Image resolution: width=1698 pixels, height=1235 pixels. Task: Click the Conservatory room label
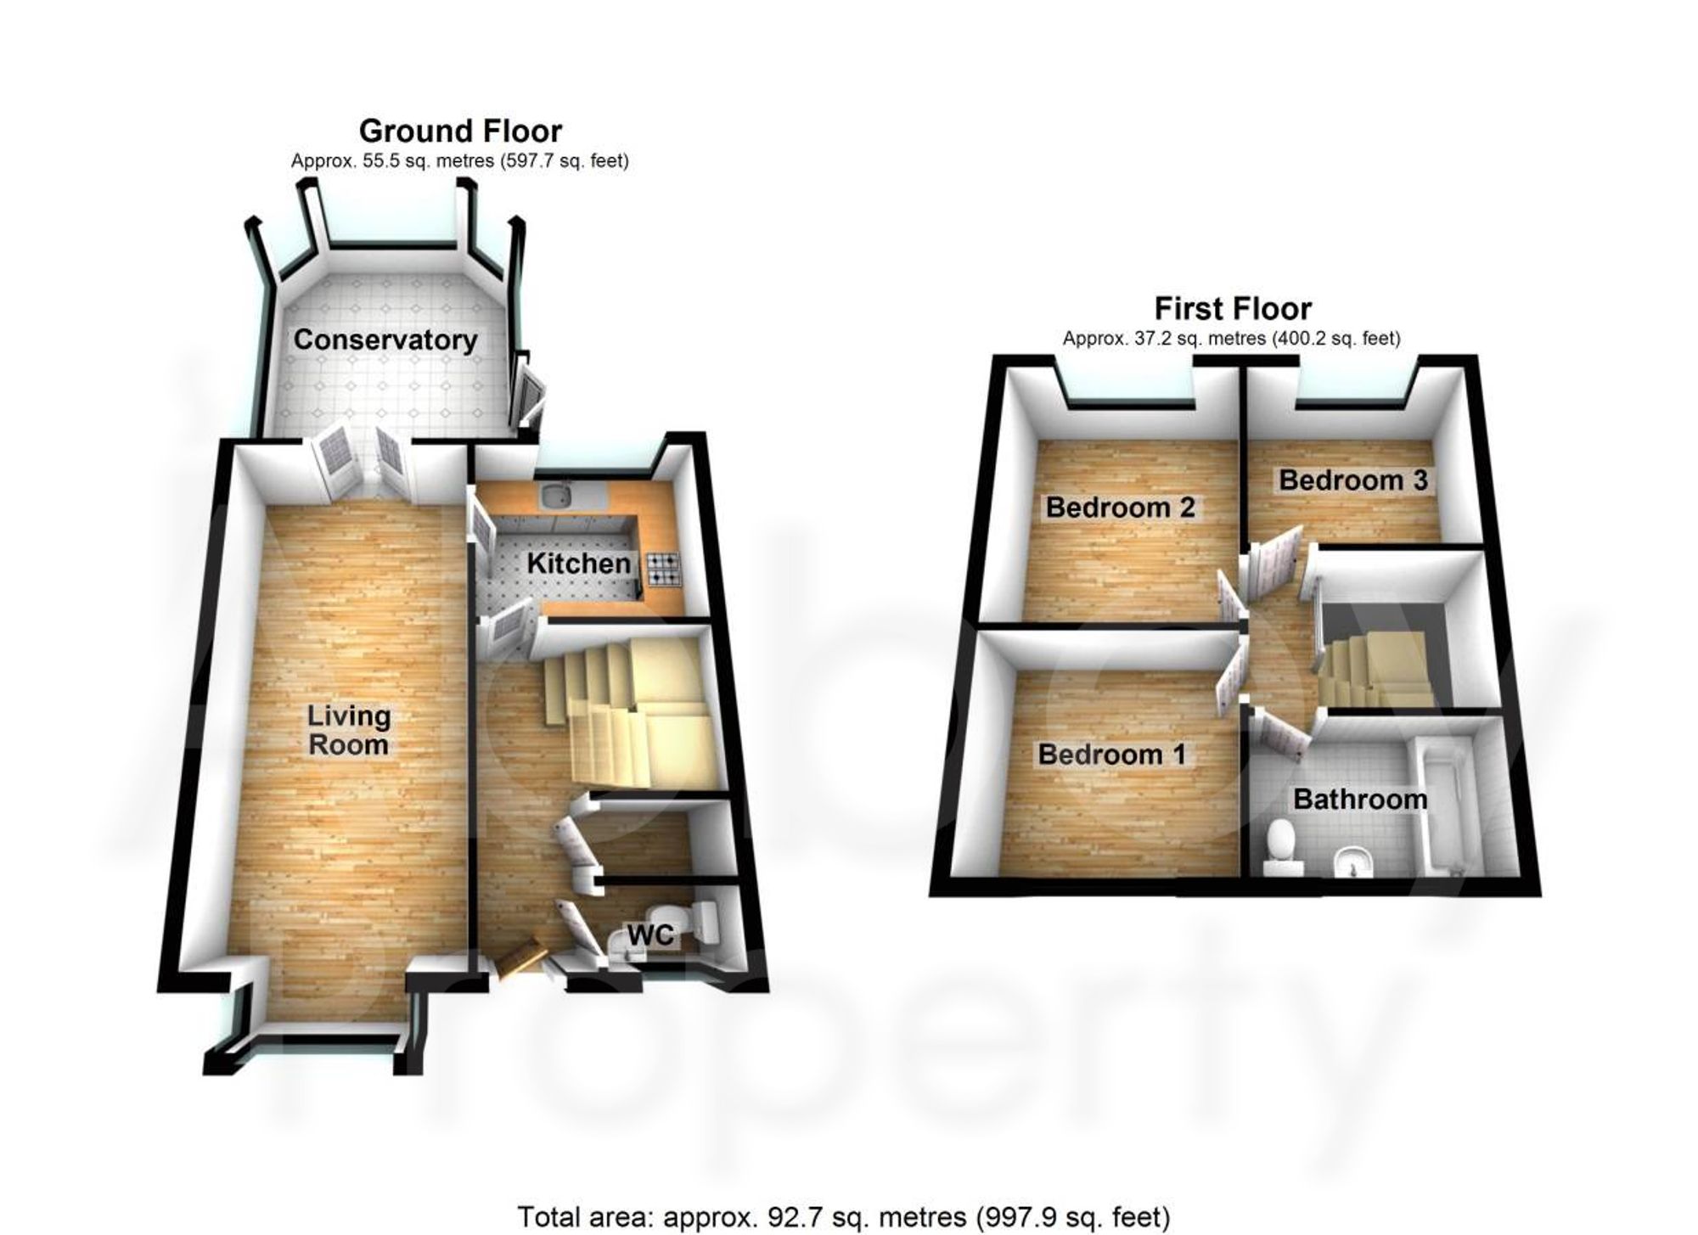(x=385, y=340)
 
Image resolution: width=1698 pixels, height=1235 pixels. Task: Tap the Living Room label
(x=348, y=730)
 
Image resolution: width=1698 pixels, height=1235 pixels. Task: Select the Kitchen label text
(x=578, y=563)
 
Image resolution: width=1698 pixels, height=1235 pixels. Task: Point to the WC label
(x=650, y=935)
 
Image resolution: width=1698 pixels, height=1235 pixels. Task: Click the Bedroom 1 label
(x=1111, y=754)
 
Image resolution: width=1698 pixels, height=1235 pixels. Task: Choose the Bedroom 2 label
(x=1120, y=508)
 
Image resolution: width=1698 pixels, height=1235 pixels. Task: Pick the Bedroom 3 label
(x=1352, y=480)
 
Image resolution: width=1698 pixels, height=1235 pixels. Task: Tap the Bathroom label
(x=1359, y=799)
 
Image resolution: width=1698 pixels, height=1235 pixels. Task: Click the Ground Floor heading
(x=460, y=132)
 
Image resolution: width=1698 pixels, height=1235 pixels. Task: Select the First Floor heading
(x=1232, y=308)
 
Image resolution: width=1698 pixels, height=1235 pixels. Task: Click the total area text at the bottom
(x=843, y=1216)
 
